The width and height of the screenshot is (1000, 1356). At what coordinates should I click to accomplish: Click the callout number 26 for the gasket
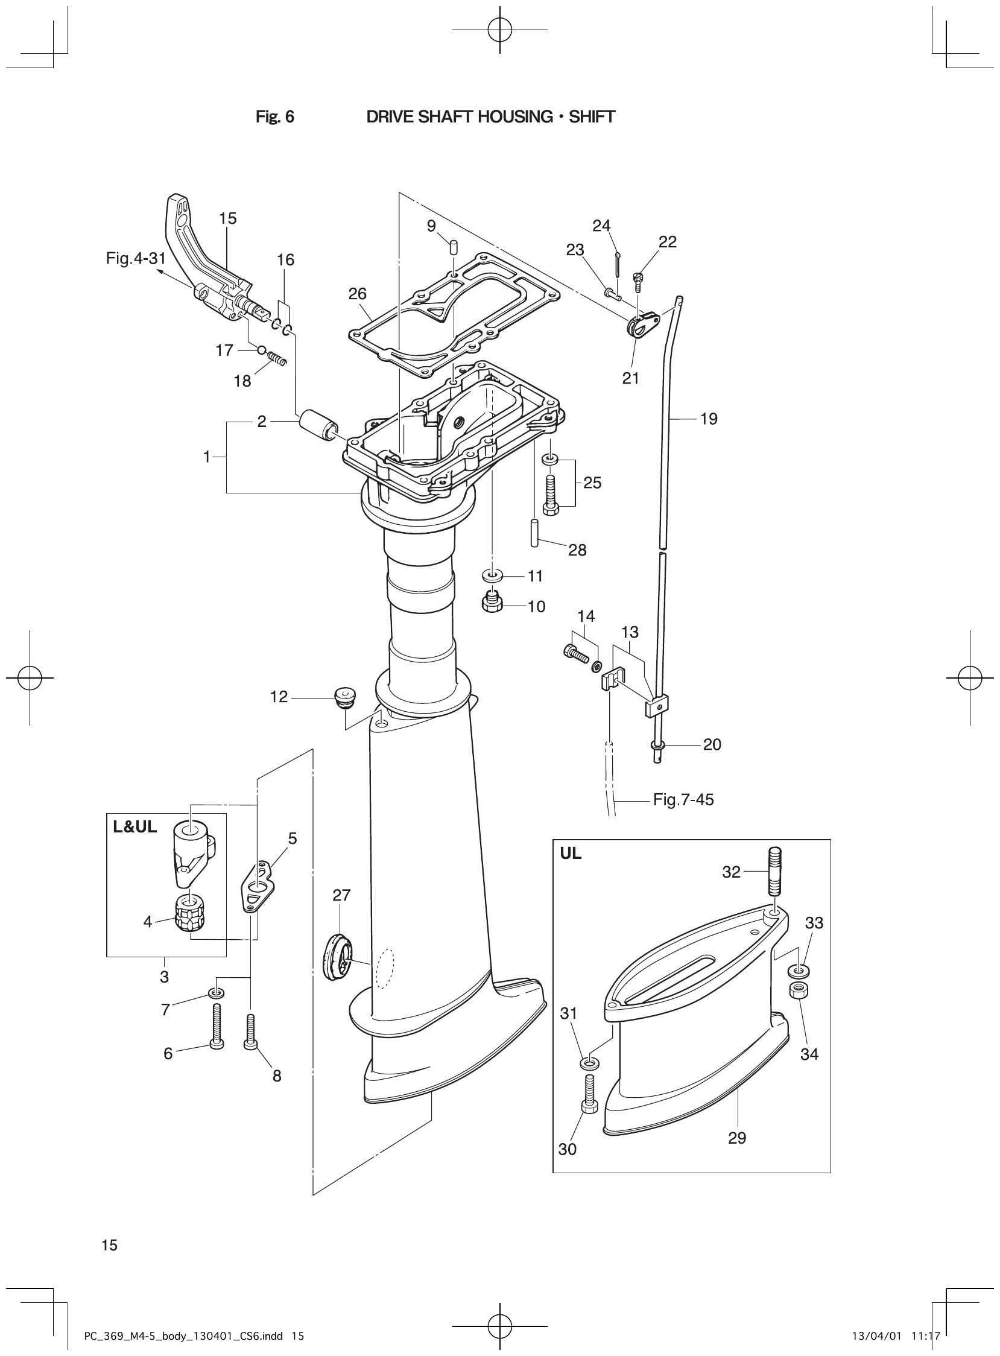[x=357, y=294]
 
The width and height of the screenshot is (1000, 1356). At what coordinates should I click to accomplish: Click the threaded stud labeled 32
[x=776, y=872]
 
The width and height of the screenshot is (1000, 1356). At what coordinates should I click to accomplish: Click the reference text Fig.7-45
[x=683, y=800]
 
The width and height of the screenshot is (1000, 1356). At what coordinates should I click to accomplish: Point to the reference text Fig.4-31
[x=136, y=259]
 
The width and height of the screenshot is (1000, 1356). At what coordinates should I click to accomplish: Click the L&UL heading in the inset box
[x=134, y=827]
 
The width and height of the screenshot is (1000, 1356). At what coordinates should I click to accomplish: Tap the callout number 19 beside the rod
[x=708, y=419]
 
